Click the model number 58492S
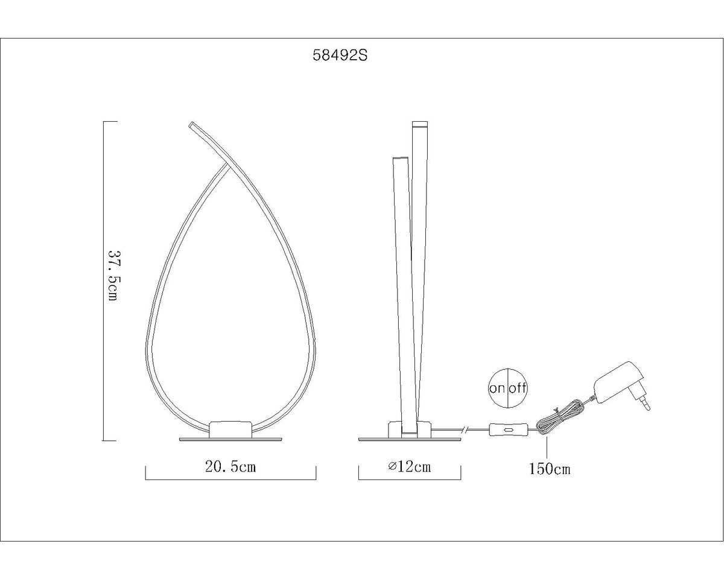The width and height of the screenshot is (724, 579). point(340,55)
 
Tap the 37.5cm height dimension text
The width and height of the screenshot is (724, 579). point(113,276)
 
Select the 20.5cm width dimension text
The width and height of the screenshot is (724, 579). point(230,467)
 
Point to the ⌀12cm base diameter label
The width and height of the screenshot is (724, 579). point(410,467)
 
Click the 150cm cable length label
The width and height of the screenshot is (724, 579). point(550,469)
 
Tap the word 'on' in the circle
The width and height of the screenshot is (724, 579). point(497,388)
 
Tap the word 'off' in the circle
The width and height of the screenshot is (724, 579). point(518,388)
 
